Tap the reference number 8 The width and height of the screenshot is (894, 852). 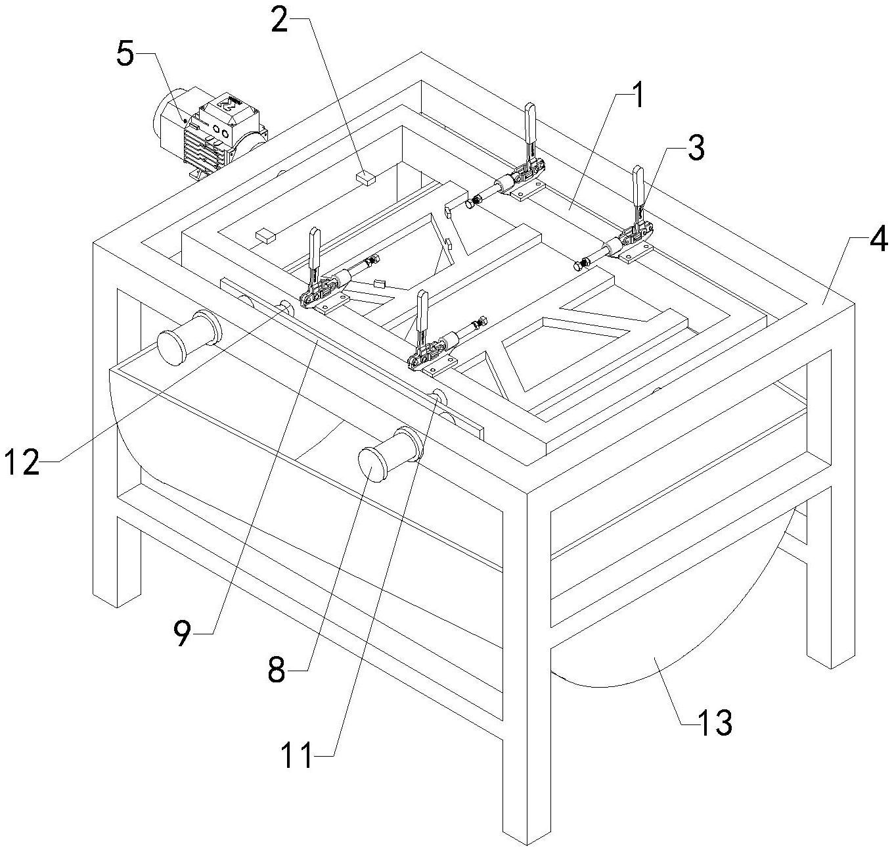click(x=277, y=671)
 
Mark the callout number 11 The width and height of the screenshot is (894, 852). click(x=296, y=755)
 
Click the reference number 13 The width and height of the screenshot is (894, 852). click(x=714, y=723)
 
